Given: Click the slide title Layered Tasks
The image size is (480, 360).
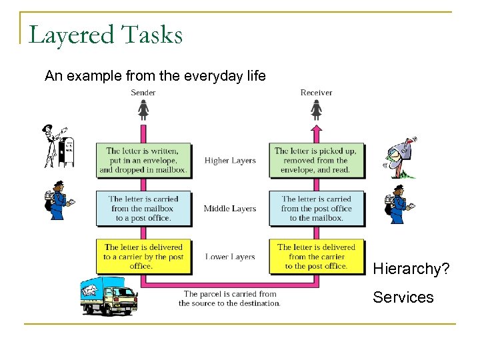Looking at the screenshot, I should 105,34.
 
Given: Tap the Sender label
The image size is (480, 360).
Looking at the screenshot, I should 143,93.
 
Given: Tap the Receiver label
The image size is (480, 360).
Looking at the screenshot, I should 316,93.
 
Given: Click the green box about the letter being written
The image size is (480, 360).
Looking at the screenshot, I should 143,160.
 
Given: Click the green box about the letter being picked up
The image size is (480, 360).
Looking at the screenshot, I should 316,160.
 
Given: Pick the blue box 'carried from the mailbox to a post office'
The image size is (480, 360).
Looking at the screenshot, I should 143,208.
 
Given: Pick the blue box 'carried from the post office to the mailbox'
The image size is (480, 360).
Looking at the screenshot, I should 316,208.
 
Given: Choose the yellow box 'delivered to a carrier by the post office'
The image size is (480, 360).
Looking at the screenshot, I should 143,256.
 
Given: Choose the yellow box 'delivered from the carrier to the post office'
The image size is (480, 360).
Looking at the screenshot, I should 316,256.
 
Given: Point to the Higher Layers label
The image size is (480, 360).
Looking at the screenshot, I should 230,161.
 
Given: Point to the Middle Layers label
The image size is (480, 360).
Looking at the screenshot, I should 230,209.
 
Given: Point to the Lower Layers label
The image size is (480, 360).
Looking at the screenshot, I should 230,257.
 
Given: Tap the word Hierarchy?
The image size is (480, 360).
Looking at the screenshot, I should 411,269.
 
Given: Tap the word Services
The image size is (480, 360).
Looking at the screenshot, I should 403,297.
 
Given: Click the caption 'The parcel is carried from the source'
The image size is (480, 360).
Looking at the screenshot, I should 230,298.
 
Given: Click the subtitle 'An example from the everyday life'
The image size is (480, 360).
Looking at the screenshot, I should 155,76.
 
